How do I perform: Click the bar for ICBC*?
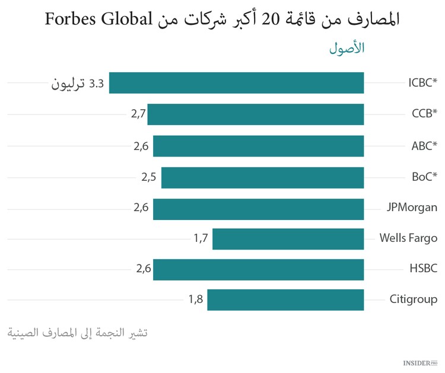tap(236, 83)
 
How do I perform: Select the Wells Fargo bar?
tap(288, 239)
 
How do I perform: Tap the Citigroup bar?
tap(285, 299)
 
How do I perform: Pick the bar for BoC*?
tap(262, 177)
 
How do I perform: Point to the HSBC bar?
tap(258, 269)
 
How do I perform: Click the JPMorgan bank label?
tap(411, 208)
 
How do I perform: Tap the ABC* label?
tap(424, 145)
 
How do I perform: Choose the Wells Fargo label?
tap(408, 238)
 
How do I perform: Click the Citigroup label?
tap(413, 299)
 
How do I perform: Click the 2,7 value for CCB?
tap(138, 114)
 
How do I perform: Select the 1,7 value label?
tap(201, 239)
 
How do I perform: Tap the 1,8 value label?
tap(196, 299)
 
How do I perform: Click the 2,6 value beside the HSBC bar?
tap(144, 269)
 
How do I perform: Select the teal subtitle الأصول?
tap(347, 49)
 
